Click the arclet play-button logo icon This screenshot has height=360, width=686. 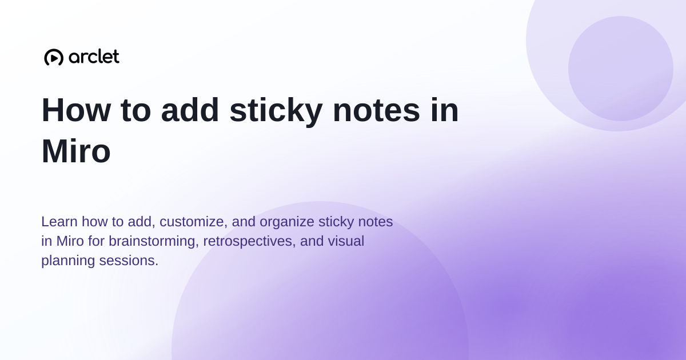pyautogui.click(x=54, y=57)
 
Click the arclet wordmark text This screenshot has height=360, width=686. pyautogui.click(x=94, y=57)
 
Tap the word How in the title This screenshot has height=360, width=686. pyautogui.click(x=76, y=110)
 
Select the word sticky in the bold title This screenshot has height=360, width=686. pyautogui.click(x=276, y=111)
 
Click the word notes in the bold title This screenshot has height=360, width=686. pyautogui.click(x=376, y=110)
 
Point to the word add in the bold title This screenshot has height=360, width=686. pyautogui.click(x=190, y=110)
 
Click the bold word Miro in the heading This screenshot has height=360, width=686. pyautogui.click(x=76, y=151)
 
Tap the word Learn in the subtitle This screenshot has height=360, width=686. pyautogui.click(x=59, y=222)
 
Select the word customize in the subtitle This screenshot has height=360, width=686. pyautogui.click(x=194, y=222)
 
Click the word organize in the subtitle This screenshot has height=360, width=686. pyautogui.click(x=287, y=222)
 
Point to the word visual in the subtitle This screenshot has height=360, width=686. pyautogui.click(x=346, y=241)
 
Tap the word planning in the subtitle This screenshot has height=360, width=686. pyautogui.click(x=68, y=261)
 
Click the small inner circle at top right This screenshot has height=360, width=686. pyautogui.click(x=620, y=69)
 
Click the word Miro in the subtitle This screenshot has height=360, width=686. pyautogui.click(x=70, y=241)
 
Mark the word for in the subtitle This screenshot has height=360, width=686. pyautogui.click(x=97, y=241)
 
